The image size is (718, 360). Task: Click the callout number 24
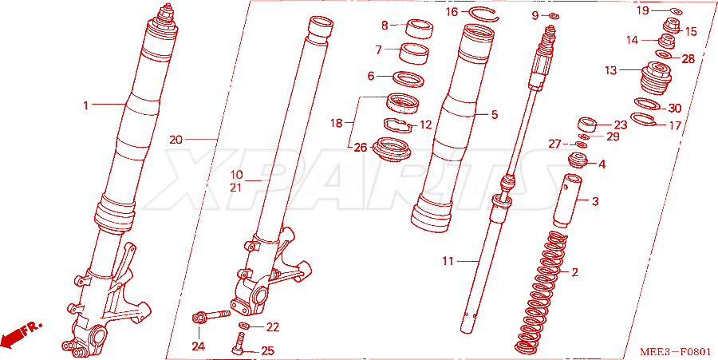click(x=199, y=346)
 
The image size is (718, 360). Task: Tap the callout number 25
click(x=267, y=351)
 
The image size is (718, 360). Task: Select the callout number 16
click(x=452, y=12)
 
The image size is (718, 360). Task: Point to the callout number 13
click(x=610, y=70)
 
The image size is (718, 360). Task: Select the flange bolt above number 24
click(x=211, y=316)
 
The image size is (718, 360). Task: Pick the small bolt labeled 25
click(x=239, y=344)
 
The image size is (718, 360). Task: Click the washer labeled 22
click(x=246, y=326)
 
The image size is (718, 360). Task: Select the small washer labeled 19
click(x=677, y=11)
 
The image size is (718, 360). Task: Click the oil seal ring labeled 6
click(x=408, y=78)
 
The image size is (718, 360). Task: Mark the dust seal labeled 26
click(x=393, y=148)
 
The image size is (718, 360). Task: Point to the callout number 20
click(x=176, y=140)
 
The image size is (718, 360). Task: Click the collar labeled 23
click(x=588, y=125)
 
